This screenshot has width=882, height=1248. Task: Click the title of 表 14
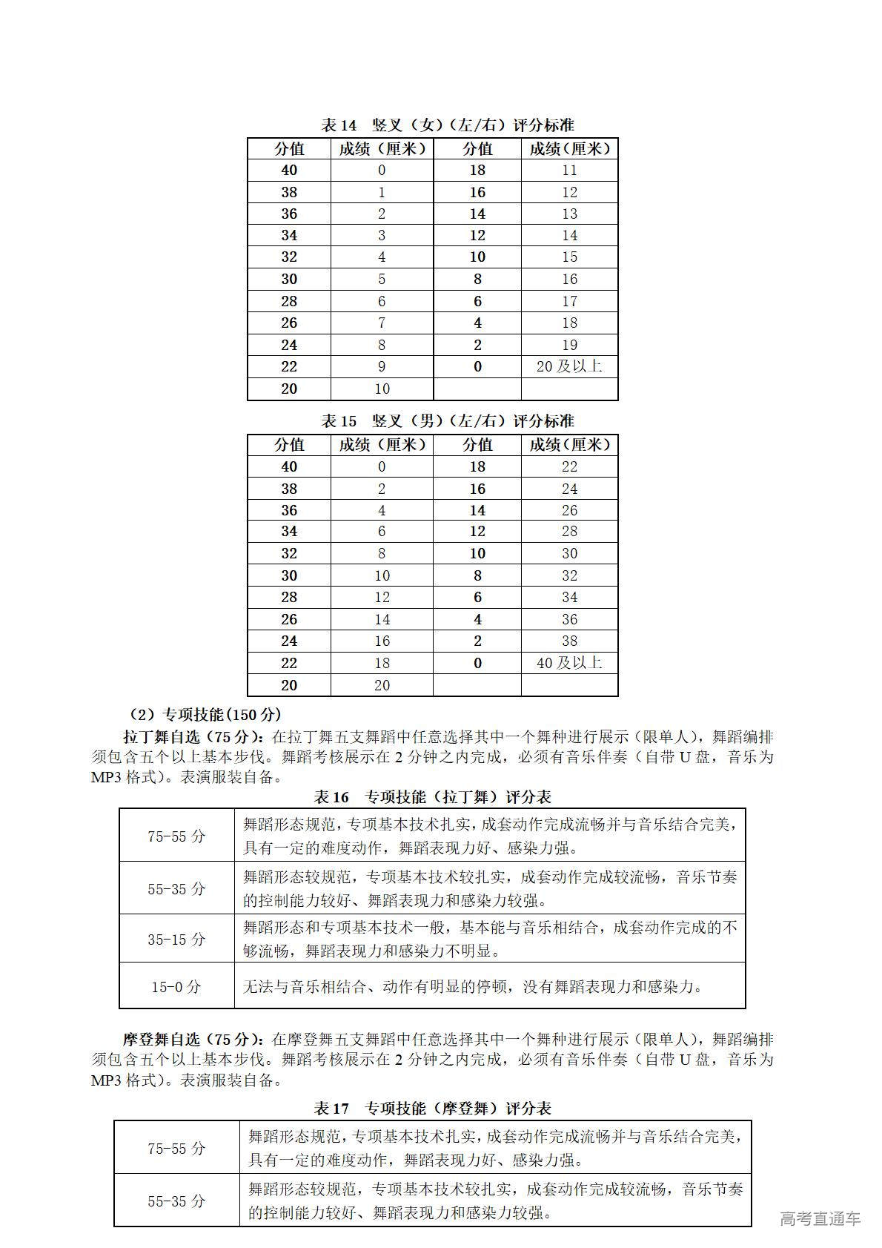447,125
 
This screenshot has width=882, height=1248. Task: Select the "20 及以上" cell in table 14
568,366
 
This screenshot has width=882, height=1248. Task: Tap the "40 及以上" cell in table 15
568,663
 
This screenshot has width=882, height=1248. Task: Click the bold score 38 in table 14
289,192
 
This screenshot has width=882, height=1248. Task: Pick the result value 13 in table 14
568,214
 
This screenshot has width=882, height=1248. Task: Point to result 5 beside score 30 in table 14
382,280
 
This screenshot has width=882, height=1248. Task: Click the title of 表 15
447,421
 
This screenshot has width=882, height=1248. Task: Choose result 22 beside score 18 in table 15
568,466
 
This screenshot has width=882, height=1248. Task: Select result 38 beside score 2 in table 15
568,641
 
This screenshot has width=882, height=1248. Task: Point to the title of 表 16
432,797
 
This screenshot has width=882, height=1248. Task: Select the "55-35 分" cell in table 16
176,888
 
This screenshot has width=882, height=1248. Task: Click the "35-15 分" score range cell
176,939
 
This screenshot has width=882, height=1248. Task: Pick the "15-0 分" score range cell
176,987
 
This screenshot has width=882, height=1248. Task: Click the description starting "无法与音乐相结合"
472,987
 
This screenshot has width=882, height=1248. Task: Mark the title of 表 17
432,1109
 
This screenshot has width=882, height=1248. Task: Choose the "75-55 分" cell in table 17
176,1149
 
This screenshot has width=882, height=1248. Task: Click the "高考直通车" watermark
820,1218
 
